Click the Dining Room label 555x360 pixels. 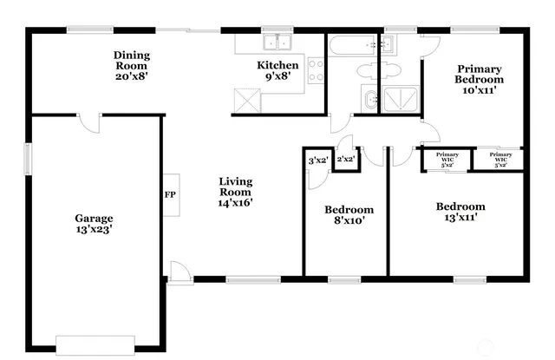tap(131, 65)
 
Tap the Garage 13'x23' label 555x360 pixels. tap(93, 224)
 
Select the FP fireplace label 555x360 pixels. tap(170, 194)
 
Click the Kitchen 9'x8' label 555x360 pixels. tap(277, 70)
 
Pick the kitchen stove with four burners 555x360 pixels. tap(316, 69)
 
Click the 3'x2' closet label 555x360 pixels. tap(317, 160)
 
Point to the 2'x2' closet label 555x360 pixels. tap(346, 159)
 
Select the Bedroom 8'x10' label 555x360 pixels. tap(349, 214)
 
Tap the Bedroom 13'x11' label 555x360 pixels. tap(460, 212)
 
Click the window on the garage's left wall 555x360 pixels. tap(27, 158)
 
